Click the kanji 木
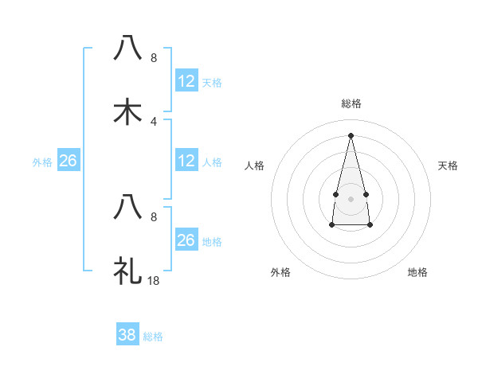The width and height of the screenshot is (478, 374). coord(127,112)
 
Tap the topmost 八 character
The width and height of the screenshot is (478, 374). coord(127,49)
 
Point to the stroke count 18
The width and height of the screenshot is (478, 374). coord(154,280)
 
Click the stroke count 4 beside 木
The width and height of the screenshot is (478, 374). coord(154,121)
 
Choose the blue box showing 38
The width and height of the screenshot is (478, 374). coord(127,335)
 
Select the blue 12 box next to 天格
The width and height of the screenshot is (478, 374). coord(186,81)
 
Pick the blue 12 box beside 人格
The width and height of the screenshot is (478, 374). coord(186,161)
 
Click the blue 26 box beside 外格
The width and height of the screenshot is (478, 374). coord(69,161)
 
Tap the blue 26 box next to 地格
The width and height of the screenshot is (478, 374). coord(186,240)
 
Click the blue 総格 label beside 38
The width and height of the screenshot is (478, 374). coord(153,337)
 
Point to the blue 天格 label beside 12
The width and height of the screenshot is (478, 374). coord(212,82)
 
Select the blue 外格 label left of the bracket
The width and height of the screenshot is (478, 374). coord(42,162)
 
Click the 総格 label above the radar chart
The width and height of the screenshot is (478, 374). coord(351,103)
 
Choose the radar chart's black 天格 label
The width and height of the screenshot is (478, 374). coord(449,166)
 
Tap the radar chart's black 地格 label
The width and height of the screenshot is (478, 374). coord(417,272)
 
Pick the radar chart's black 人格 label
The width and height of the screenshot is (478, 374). coord(255,166)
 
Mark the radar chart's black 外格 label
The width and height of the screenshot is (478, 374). coord(280,272)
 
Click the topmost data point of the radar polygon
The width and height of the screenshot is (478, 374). coord(351,134)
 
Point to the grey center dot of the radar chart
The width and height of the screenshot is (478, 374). coord(351,197)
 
